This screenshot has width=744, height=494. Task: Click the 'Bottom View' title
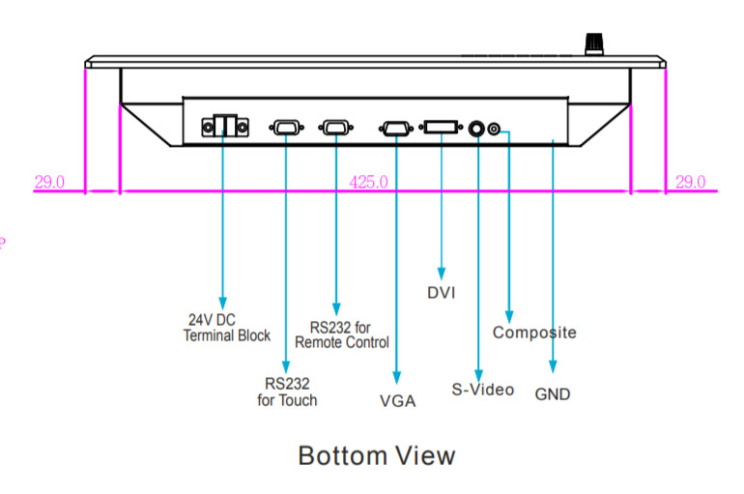[376, 455]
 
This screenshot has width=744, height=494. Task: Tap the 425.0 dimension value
[368, 182]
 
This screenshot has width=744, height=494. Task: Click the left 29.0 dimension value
[49, 182]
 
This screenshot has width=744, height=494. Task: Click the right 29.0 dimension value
[690, 182]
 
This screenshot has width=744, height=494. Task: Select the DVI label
[441, 292]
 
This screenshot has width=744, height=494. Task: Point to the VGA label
[397, 401]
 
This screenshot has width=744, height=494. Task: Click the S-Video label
[483, 391]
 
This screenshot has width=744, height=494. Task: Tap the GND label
[553, 394]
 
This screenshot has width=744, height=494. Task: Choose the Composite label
[534, 333]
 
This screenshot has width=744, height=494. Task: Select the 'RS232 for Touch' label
[287, 391]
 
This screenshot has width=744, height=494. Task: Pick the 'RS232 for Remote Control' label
[342, 334]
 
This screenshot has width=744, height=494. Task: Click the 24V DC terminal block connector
[223, 126]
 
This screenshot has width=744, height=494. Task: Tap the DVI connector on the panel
[441, 127]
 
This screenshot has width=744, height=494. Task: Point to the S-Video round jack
[477, 128]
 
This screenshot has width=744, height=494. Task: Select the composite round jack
[496, 129]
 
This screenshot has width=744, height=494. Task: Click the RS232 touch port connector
[286, 127]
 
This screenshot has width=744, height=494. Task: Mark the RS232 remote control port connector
[335, 127]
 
